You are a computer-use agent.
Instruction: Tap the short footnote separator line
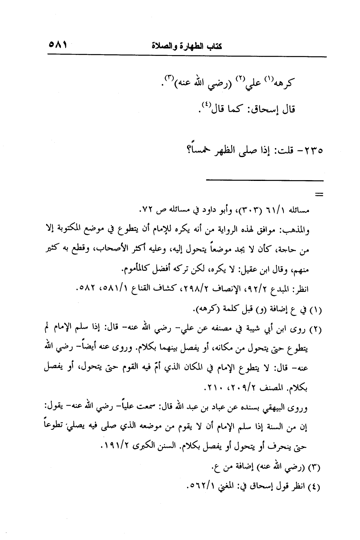pos(265,180)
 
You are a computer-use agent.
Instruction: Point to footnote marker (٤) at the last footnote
pos(315,488)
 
